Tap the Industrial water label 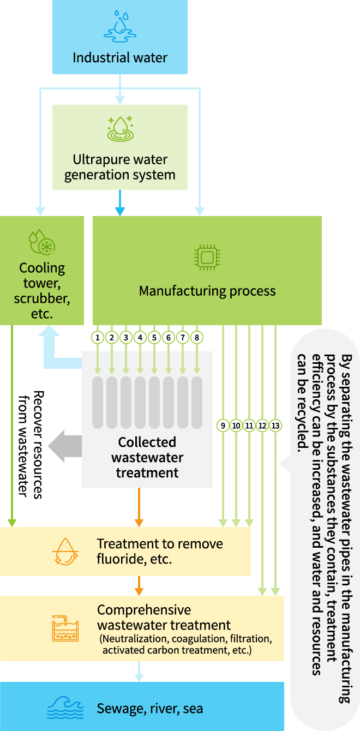point(120,57)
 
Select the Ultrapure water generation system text point(120,167)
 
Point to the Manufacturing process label point(207,291)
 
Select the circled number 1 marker point(98,338)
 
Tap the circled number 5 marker point(154,338)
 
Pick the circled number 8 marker point(197,338)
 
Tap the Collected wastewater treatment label point(147,457)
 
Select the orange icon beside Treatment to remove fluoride point(65,551)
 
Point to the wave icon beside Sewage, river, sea point(64,709)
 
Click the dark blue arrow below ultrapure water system point(120,203)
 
